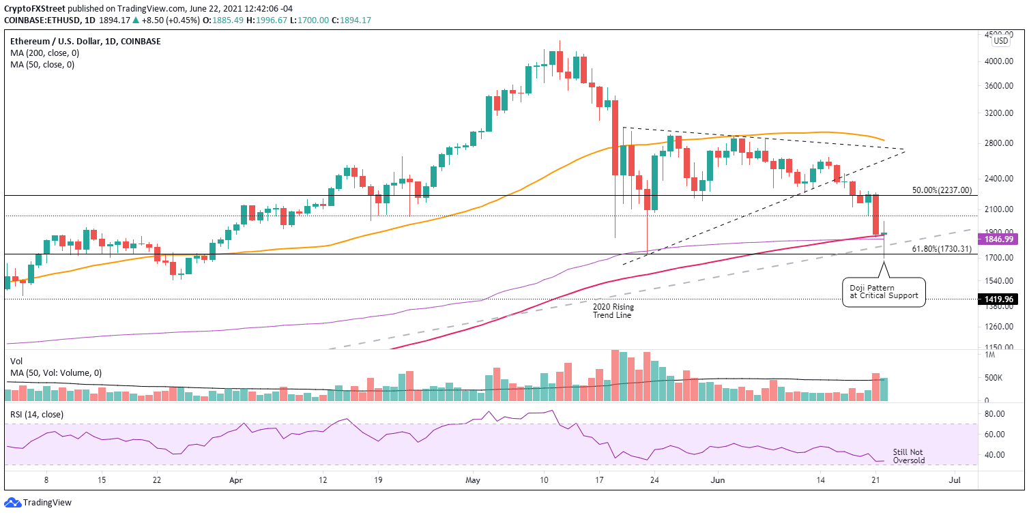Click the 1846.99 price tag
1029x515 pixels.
pyautogui.click(x=999, y=239)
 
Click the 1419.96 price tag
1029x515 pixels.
pyautogui.click(x=999, y=299)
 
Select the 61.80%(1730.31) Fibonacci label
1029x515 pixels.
pyautogui.click(x=942, y=250)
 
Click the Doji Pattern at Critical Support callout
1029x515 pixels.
pyautogui.click(x=883, y=293)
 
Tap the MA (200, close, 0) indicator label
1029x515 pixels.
pyautogui.click(x=42, y=53)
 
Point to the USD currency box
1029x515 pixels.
pyautogui.click(x=1000, y=40)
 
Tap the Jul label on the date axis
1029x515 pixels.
pyautogui.click(x=955, y=480)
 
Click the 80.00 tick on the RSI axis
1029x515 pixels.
pyautogui.click(x=994, y=413)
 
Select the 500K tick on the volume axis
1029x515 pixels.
pyautogui.click(x=992, y=378)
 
